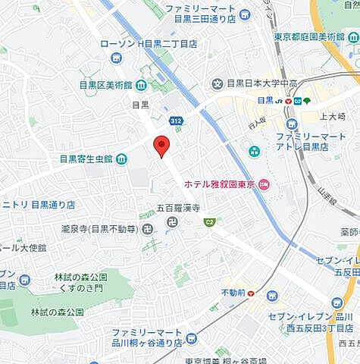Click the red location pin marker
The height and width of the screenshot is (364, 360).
coord(161,145)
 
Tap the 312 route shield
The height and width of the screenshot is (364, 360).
coord(176,121)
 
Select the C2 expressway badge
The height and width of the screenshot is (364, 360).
coord(210,222)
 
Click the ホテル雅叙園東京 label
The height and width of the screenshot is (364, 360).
coord(218,184)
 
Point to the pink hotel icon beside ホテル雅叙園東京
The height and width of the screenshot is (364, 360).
coord(263,184)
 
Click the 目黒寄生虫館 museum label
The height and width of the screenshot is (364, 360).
coord(86,159)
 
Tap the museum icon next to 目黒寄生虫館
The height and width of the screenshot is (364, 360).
coord(122,158)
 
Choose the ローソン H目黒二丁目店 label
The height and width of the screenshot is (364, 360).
coord(149,44)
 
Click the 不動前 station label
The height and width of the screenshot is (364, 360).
coord(232,293)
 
